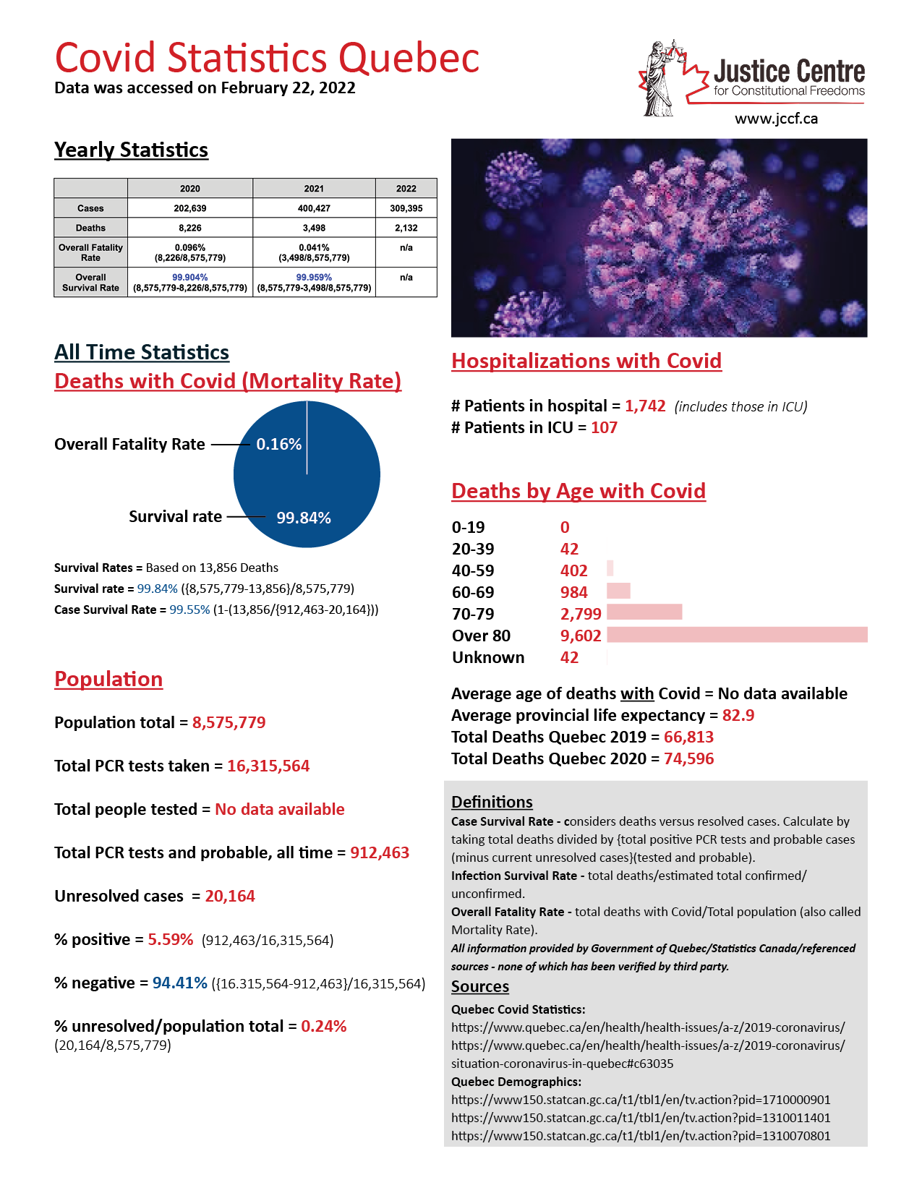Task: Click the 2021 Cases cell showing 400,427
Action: [314, 208]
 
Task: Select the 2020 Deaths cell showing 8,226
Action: [190, 228]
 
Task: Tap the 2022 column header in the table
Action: [406, 189]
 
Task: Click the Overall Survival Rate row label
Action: [90, 283]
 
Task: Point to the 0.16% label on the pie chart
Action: [278, 444]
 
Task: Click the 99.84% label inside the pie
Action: [304, 518]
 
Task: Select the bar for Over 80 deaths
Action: [737, 635]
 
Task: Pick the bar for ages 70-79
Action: [644, 612]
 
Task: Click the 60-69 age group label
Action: [473, 592]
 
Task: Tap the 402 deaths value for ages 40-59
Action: [573, 570]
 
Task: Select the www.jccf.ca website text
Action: [776, 119]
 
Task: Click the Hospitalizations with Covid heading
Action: [586, 361]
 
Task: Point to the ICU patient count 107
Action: [604, 427]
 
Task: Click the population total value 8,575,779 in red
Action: [229, 722]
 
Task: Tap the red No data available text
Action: [279, 809]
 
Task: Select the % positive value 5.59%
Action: [170, 939]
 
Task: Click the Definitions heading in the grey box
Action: [492, 802]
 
